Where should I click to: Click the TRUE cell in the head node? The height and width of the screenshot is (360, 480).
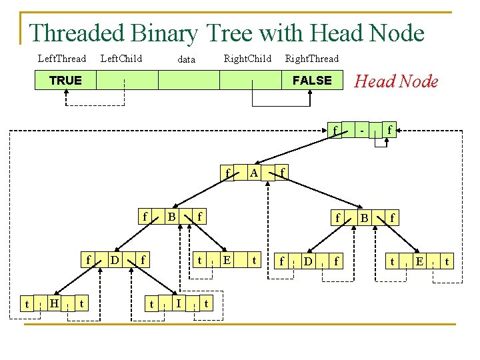pyautogui.click(x=65, y=80)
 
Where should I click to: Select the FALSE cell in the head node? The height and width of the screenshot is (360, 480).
pyautogui.click(x=312, y=80)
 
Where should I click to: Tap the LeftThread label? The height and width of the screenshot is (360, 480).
pyautogui.click(x=62, y=59)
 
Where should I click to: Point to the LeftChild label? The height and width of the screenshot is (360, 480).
pyautogui.click(x=121, y=59)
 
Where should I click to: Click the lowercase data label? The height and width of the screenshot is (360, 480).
pyautogui.click(x=187, y=59)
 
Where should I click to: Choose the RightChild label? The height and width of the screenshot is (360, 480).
pyautogui.click(x=247, y=59)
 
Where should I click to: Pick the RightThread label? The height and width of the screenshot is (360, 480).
pyautogui.click(x=312, y=59)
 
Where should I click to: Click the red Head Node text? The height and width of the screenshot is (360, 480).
pyautogui.click(x=396, y=81)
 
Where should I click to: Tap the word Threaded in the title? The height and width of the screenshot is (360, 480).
pyautogui.click(x=77, y=33)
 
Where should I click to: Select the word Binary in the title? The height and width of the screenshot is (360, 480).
pyautogui.click(x=165, y=34)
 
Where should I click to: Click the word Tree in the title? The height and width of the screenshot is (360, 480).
pyautogui.click(x=229, y=33)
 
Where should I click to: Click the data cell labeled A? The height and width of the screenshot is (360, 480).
pyautogui.click(x=254, y=173)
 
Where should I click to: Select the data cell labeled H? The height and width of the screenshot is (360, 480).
pyautogui.click(x=54, y=303)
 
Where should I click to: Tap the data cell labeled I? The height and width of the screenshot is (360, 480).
pyautogui.click(x=179, y=303)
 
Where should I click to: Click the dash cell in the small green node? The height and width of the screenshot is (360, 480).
pyautogui.click(x=362, y=131)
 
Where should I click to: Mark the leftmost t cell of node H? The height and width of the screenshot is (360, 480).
pyautogui.click(x=27, y=304)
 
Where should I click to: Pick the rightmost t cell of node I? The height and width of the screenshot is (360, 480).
pyautogui.click(x=206, y=303)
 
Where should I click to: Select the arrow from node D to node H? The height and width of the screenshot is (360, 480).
pyautogui.click(x=78, y=277)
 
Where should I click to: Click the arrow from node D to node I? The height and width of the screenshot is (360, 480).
pyautogui.click(x=153, y=277)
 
